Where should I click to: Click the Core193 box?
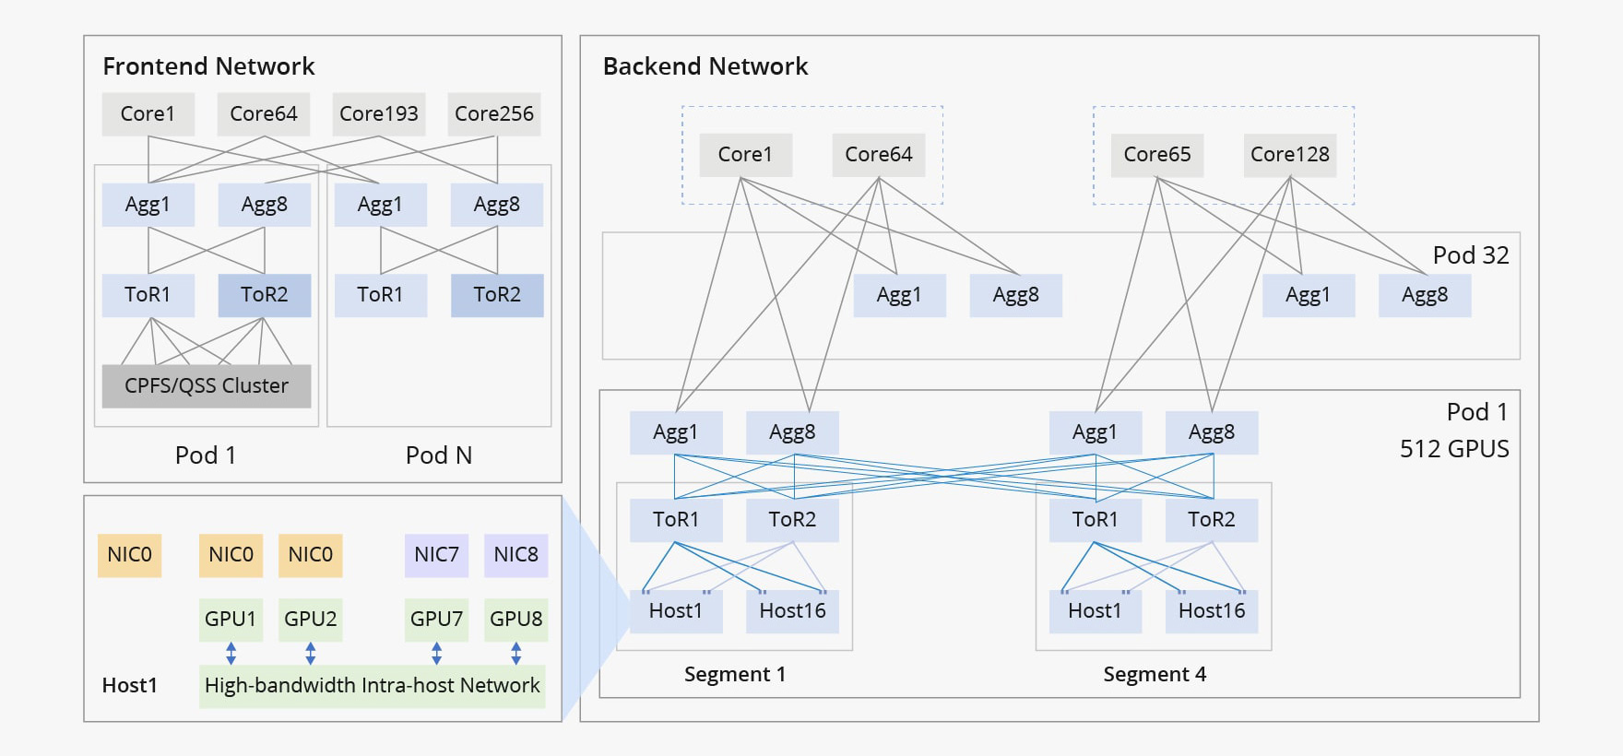[x=378, y=113]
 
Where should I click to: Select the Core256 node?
[x=494, y=113]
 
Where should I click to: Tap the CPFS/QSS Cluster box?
[x=207, y=385]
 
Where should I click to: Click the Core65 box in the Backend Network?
[x=1156, y=154]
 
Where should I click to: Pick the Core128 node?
[x=1289, y=154]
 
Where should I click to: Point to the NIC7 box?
[x=436, y=555]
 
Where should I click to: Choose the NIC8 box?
[x=515, y=555]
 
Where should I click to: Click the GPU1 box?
[x=231, y=619]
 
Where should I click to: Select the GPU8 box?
[x=515, y=619]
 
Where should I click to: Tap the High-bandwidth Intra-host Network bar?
[x=372, y=686]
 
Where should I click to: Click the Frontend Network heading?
[x=208, y=66]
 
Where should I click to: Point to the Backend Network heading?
[x=705, y=66]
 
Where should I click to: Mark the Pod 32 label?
[x=1470, y=255]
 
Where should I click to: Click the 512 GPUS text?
[x=1454, y=449]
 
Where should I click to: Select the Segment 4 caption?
[x=1155, y=674]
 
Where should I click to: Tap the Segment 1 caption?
[x=735, y=674]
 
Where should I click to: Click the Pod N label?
[x=439, y=455]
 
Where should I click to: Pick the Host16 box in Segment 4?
[x=1212, y=611]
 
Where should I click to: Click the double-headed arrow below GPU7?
[x=436, y=654]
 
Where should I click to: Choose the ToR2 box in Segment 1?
[x=792, y=520]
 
